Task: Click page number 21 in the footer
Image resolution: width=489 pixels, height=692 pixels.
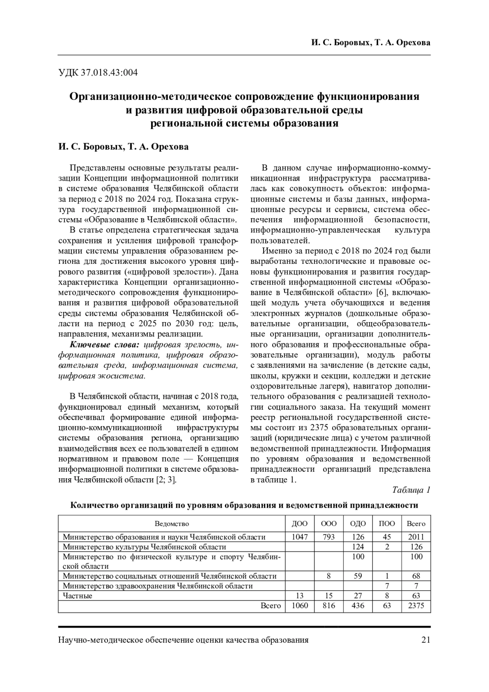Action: pyautogui.click(x=426, y=640)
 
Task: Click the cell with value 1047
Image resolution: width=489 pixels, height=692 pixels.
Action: pyautogui.click(x=300, y=537)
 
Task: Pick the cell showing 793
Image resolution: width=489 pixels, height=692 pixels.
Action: pyautogui.click(x=329, y=537)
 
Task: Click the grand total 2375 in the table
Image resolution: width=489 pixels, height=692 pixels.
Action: pyautogui.click(x=416, y=606)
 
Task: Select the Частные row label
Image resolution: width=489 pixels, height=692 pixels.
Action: pyautogui.click(x=78, y=596)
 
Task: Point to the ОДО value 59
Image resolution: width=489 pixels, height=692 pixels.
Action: pyautogui.click(x=358, y=576)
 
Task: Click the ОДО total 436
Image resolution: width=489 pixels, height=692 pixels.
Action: pyautogui.click(x=358, y=606)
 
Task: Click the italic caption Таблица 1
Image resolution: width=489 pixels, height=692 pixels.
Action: pyautogui.click(x=411, y=490)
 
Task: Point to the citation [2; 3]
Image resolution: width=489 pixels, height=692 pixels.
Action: pyautogui.click(x=166, y=480)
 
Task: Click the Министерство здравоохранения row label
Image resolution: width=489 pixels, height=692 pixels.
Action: pyautogui.click(x=158, y=586)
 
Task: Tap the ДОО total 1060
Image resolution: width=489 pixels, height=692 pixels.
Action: pyautogui.click(x=300, y=606)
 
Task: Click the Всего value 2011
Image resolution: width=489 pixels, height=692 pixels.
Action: pyautogui.click(x=416, y=537)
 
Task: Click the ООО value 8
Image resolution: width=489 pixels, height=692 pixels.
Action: pyautogui.click(x=329, y=576)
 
